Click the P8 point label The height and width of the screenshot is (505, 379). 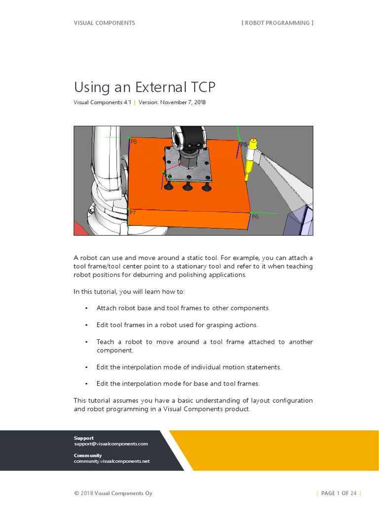click(134, 142)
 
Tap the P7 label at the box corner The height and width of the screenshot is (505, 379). click(133, 213)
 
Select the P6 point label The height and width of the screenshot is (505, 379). click(255, 217)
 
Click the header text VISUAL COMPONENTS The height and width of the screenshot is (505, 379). click(104, 23)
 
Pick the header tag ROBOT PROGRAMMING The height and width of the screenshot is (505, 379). click(277, 23)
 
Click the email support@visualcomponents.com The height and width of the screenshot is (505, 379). click(111, 444)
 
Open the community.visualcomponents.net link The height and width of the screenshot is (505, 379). click(112, 462)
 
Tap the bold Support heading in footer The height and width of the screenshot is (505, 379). click(83, 438)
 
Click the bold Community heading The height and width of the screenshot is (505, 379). click(88, 455)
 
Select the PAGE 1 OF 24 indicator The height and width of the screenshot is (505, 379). click(339, 493)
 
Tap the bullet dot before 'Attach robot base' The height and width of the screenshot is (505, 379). click(86, 308)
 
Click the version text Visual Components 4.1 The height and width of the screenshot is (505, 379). click(102, 103)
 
